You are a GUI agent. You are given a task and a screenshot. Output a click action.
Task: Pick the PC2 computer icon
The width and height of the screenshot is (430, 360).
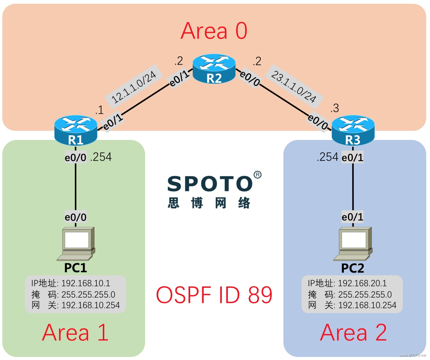click(353, 244)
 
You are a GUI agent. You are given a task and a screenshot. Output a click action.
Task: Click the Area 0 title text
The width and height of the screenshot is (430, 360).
click(214, 31)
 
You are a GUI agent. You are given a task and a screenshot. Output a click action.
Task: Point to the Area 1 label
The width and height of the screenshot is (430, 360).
click(75, 333)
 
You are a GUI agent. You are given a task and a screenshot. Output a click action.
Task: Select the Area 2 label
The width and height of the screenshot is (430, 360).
click(353, 333)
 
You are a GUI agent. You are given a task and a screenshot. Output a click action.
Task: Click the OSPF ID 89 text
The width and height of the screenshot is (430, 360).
click(214, 295)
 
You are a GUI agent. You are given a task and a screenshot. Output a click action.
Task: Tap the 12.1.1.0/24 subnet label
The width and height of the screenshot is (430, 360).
click(135, 87)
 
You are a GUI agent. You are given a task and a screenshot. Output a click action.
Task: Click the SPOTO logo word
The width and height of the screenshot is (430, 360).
click(210, 184)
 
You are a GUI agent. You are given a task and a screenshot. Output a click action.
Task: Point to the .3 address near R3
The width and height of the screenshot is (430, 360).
click(335, 109)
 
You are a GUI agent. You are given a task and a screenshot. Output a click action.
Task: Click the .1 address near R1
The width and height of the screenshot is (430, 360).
click(99, 111)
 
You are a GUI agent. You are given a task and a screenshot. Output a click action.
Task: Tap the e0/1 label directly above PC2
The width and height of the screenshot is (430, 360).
click(353, 217)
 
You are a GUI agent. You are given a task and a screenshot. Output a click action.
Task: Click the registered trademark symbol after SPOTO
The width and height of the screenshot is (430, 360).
click(257, 175)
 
